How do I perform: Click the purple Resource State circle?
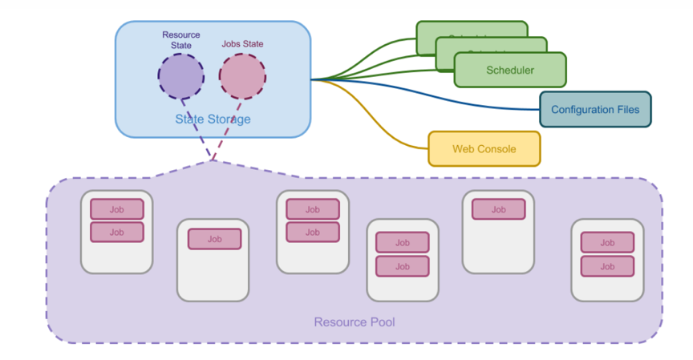[180, 76]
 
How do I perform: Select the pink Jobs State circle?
[242, 76]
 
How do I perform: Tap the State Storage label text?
[213, 119]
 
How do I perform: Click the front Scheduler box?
[510, 70]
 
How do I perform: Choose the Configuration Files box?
[595, 109]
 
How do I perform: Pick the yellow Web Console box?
[484, 148]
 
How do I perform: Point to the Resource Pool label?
[354, 322]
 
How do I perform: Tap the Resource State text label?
[180, 40]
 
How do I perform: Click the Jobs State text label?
[242, 44]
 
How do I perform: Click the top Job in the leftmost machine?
[116, 209]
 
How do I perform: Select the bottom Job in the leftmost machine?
[116, 232]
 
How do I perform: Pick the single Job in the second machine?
[214, 239]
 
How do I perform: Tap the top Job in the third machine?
[312, 209]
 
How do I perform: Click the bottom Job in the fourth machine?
[402, 266]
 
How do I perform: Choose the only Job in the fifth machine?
[498, 209]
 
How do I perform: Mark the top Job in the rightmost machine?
[607, 242]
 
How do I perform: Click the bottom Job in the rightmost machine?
[607, 266]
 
